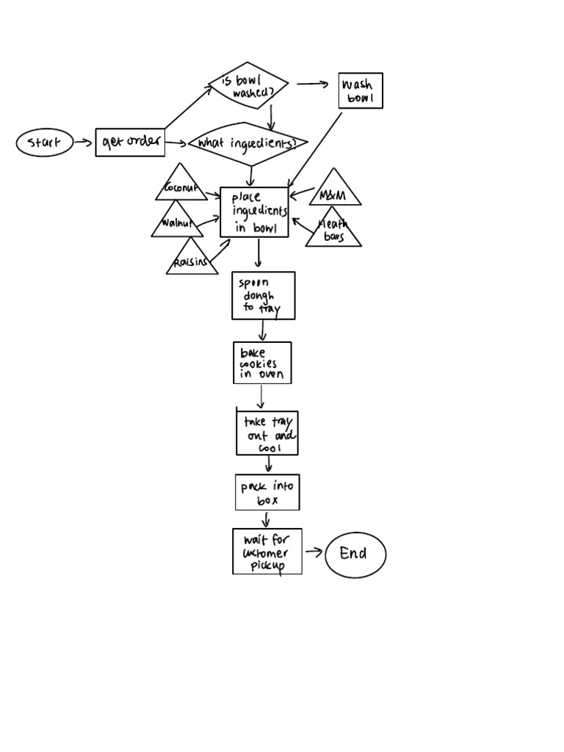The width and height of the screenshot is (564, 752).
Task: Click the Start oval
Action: pos(45,142)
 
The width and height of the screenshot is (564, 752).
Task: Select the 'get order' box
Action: pos(130,141)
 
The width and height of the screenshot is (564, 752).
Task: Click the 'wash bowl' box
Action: pos(361,91)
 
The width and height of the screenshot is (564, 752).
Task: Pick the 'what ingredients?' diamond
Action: pos(247,143)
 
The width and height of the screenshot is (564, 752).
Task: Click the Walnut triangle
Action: pos(177,223)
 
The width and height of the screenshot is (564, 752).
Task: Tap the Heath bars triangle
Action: pos(333,231)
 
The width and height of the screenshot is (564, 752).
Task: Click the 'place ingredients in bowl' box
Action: pos(254,212)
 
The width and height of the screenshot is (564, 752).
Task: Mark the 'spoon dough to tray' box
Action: pos(263,295)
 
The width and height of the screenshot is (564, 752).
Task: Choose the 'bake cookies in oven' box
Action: pos(262,363)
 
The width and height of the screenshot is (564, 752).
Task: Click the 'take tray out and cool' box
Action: pos(267,433)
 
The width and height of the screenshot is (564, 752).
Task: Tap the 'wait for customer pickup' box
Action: pos(267,551)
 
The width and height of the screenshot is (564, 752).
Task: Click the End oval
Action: pos(355,554)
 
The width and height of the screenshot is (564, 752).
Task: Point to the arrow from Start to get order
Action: pos(84,142)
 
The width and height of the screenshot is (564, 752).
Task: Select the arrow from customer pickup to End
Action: pos(313,552)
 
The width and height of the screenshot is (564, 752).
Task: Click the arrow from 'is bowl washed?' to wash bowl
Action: pos(312,84)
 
